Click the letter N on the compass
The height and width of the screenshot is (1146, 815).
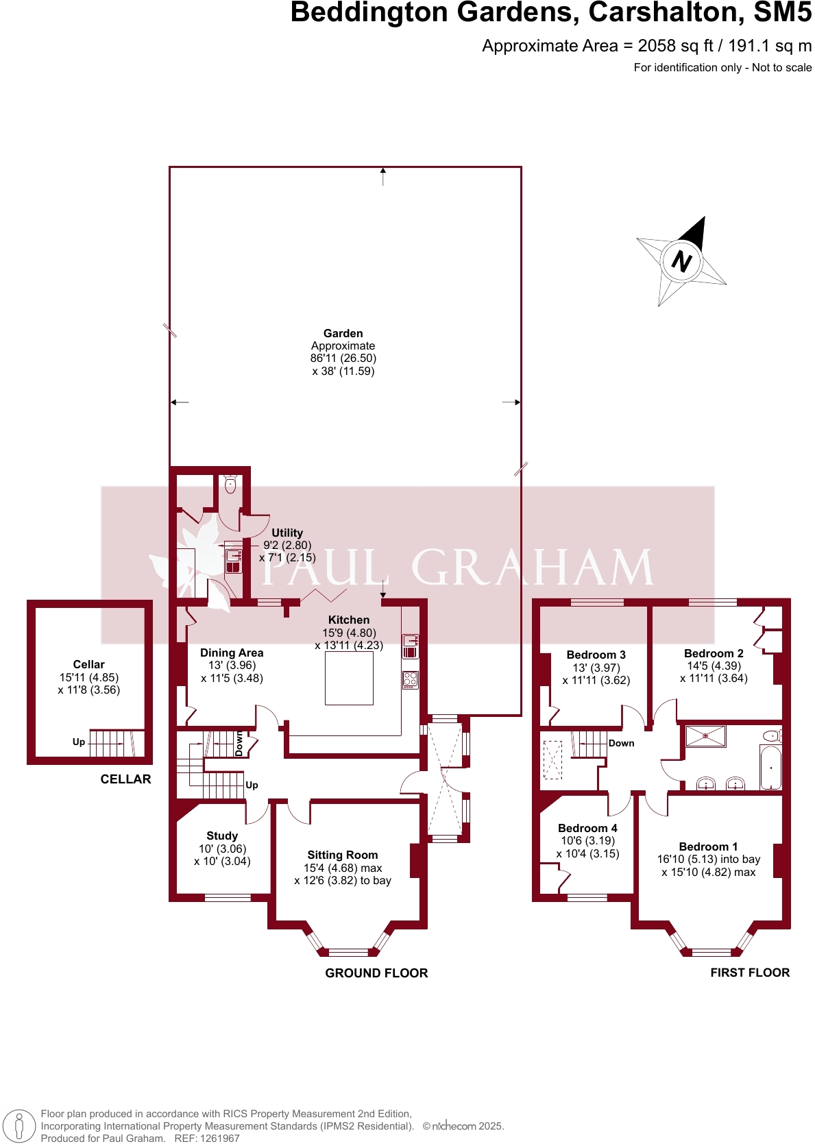(x=681, y=261)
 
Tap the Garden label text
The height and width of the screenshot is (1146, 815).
(x=343, y=334)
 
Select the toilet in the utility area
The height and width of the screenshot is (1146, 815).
(x=230, y=485)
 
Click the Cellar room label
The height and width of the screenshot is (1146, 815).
(x=88, y=664)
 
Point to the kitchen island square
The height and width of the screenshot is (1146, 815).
(x=349, y=678)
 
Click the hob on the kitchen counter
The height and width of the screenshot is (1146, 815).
(x=410, y=680)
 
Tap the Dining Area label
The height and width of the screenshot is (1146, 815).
(x=232, y=653)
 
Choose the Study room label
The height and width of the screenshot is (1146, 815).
(x=222, y=836)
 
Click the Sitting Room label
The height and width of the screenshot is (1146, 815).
(x=343, y=855)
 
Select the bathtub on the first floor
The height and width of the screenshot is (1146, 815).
(x=770, y=768)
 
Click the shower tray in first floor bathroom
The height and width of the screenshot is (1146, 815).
(x=705, y=736)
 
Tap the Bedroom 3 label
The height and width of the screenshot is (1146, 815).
(x=596, y=655)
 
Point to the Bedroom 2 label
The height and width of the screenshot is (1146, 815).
(x=714, y=653)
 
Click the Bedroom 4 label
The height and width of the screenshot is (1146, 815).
(x=587, y=828)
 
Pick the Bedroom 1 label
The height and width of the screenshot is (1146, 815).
(x=708, y=846)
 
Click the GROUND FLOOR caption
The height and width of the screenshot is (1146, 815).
(x=376, y=973)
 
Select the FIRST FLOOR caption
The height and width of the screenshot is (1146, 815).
(x=750, y=973)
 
